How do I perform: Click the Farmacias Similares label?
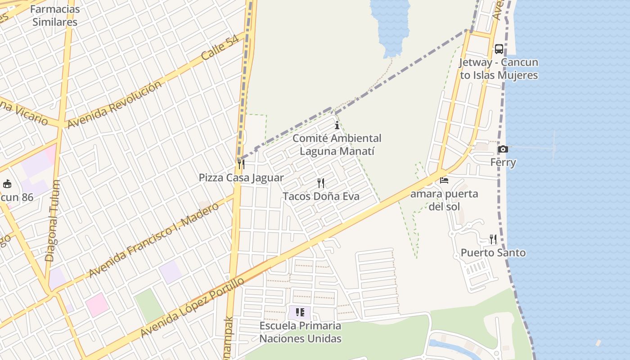(x=55, y=15)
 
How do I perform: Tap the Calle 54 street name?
(x=220, y=48)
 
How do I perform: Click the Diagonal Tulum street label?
(x=53, y=220)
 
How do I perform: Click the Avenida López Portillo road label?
(x=192, y=307)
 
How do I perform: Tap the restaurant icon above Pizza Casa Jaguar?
(x=241, y=164)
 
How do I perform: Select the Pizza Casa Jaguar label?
(x=241, y=178)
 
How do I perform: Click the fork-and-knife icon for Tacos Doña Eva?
(x=321, y=183)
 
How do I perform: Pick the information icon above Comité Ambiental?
(x=337, y=125)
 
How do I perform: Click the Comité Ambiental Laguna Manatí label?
(x=337, y=144)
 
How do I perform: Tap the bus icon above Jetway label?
(x=499, y=49)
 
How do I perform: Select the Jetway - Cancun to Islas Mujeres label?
(x=499, y=69)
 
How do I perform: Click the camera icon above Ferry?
(x=503, y=149)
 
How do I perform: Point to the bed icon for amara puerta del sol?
(x=444, y=180)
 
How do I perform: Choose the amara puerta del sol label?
(x=444, y=200)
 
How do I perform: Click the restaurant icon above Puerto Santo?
(x=493, y=239)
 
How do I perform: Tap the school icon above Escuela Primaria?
(x=300, y=312)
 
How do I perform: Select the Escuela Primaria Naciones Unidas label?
(x=300, y=332)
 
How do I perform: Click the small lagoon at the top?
(x=390, y=22)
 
